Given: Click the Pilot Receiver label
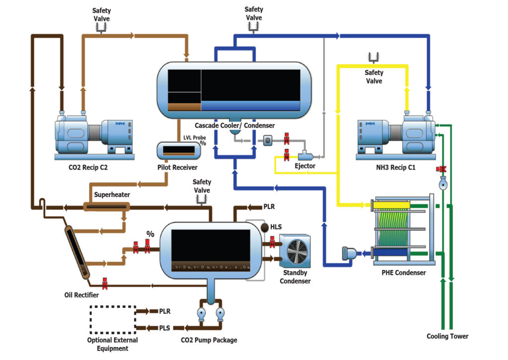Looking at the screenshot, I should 177,167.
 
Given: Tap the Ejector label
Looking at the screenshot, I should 305,166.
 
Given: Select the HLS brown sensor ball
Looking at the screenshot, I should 265,227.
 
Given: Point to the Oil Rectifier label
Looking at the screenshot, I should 82,295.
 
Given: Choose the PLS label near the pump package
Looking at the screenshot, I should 165,328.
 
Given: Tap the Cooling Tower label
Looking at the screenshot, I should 447,336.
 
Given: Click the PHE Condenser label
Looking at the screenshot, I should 403,273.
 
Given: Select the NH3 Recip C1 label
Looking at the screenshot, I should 395,167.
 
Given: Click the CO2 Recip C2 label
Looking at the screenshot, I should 88,167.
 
